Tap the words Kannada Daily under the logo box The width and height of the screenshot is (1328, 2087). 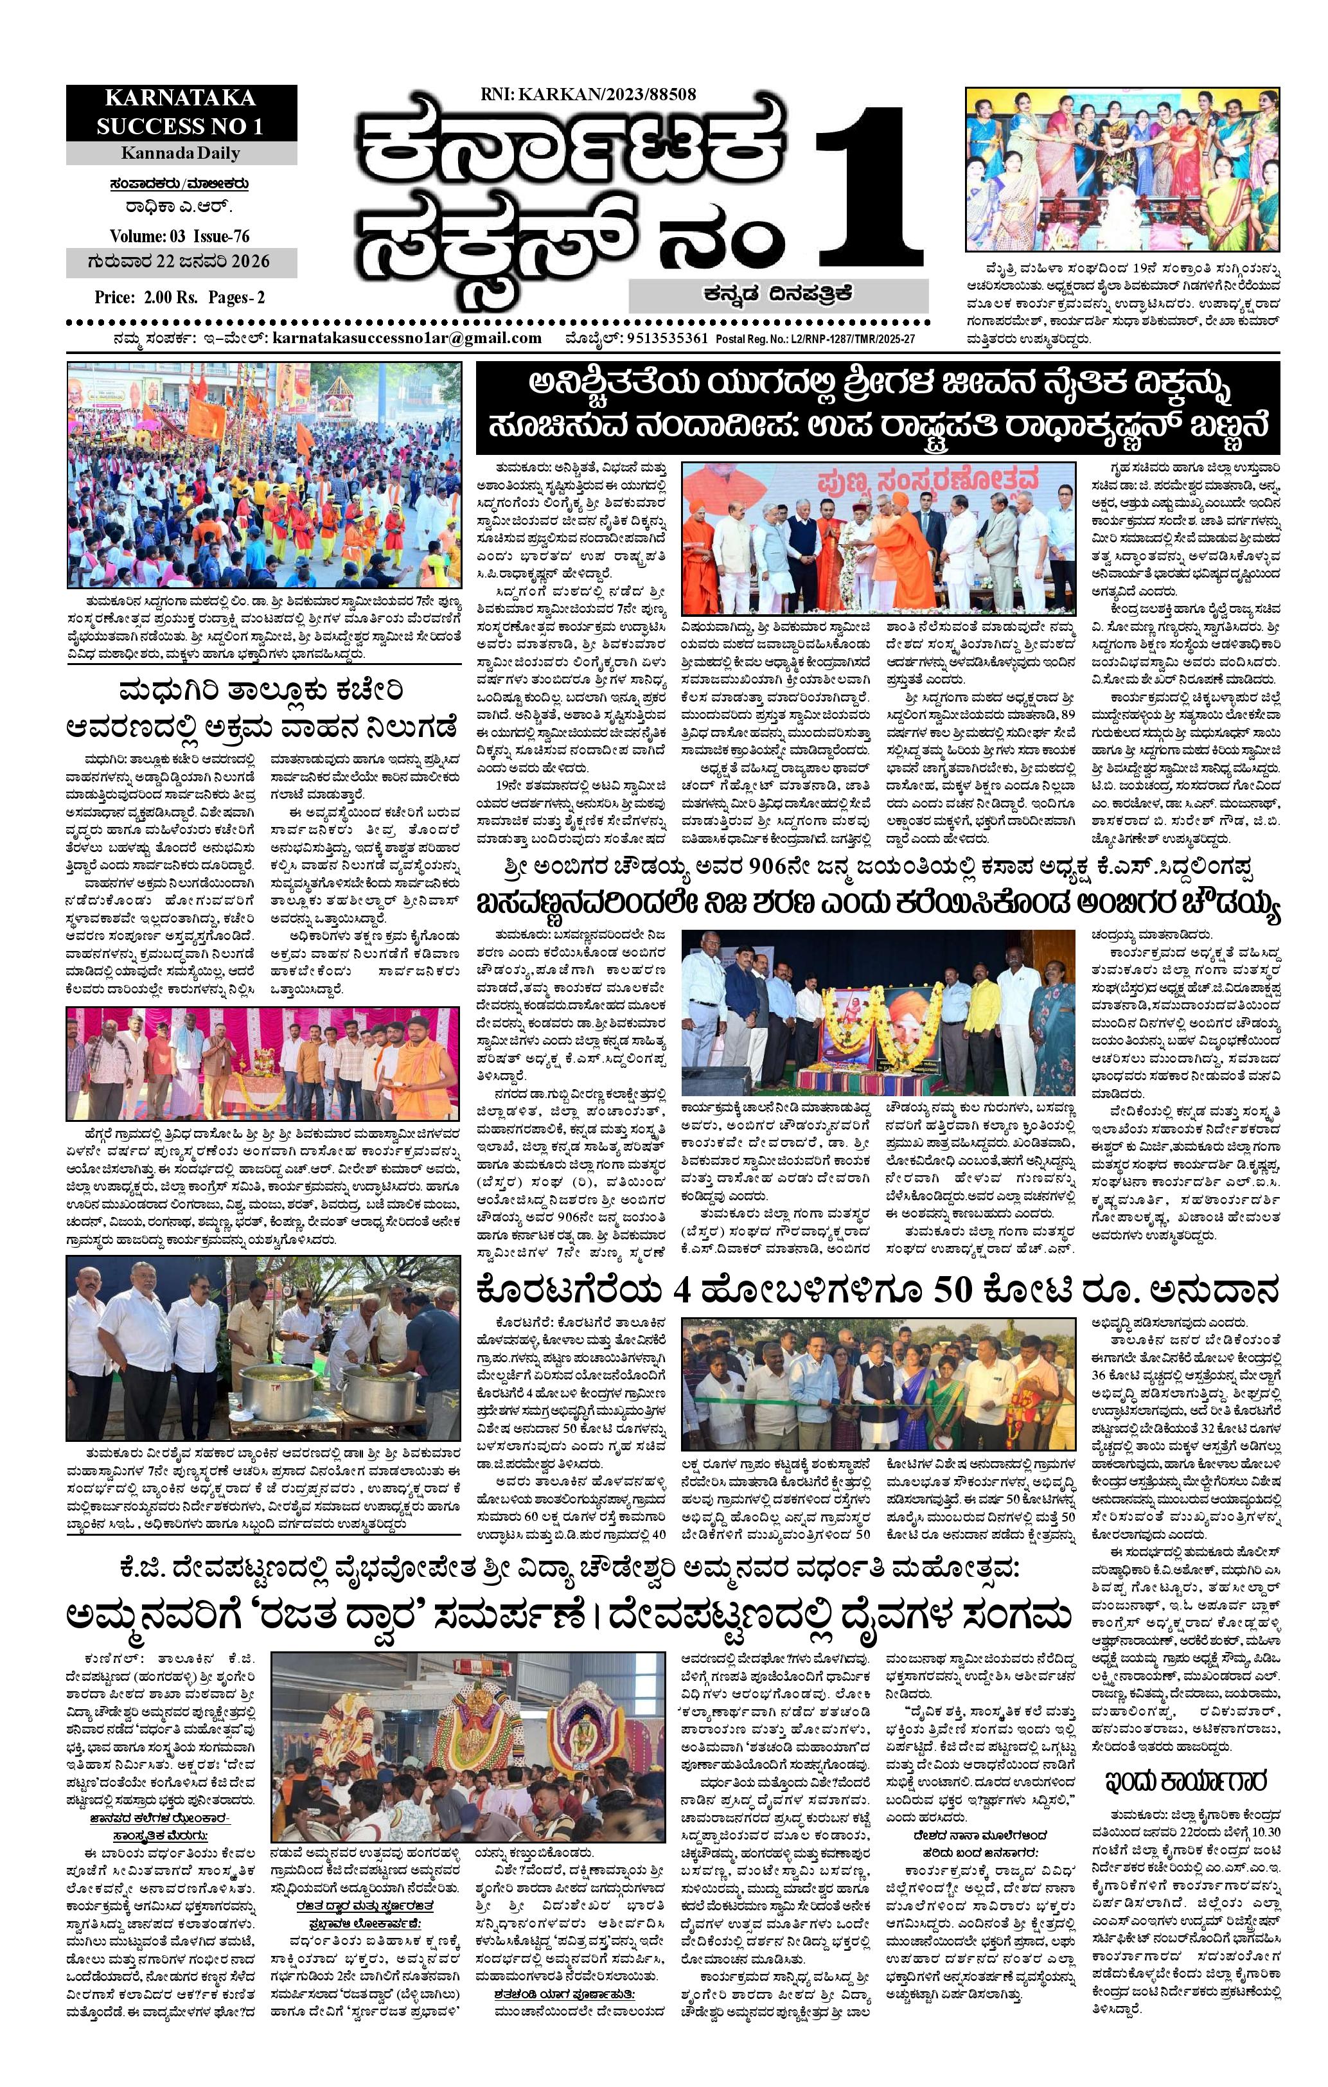[182, 154]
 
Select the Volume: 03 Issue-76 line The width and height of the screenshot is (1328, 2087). [181, 236]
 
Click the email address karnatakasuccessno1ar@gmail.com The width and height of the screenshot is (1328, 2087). [407, 339]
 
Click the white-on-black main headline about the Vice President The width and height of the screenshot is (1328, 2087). [879, 405]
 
